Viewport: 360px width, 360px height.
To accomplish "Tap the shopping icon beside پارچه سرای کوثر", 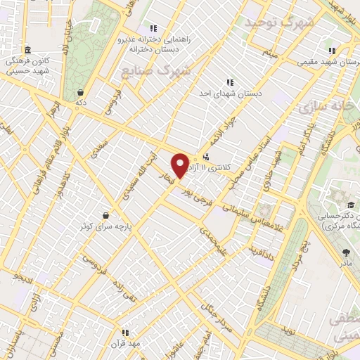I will pyautogui.click(x=106, y=215).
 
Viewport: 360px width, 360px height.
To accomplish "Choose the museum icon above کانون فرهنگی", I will pyautogui.click(x=27, y=50).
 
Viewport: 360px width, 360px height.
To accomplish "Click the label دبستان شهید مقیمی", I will pyautogui.click(x=330, y=61).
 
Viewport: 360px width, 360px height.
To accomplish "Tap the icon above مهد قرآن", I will pyautogui.click(x=124, y=333).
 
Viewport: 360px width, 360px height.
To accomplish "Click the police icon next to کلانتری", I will pyautogui.click(x=206, y=157).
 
